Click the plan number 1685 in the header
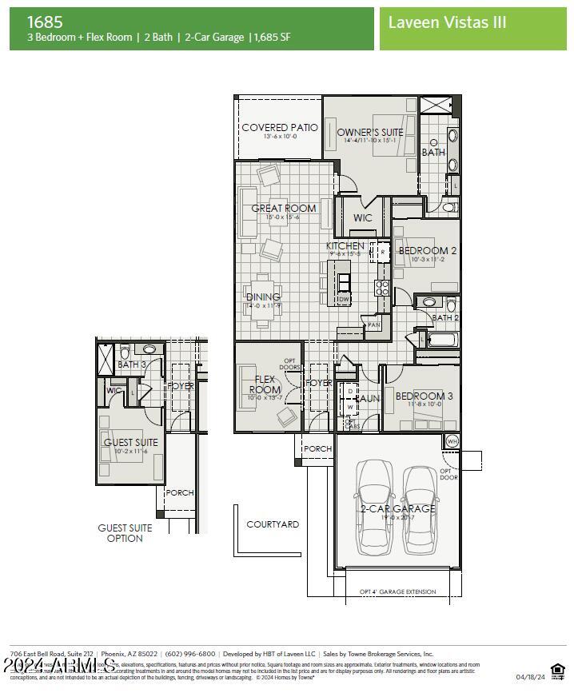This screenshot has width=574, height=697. [45, 22]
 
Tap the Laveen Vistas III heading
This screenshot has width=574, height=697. [447, 22]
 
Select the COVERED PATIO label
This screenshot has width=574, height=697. [279, 128]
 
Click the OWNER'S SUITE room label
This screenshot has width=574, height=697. [369, 132]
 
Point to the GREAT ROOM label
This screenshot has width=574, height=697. [284, 209]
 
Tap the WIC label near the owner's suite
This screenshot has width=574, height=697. [363, 217]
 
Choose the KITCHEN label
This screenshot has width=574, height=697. [345, 246]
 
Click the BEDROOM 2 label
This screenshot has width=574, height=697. [428, 250]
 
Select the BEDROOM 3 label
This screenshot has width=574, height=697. [424, 396]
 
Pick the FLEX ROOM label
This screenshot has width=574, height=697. [265, 384]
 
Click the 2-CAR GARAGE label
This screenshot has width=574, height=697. [398, 508]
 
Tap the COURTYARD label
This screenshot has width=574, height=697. [273, 524]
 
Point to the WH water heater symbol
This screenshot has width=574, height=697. [452, 441]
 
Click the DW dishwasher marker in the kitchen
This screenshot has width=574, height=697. [344, 300]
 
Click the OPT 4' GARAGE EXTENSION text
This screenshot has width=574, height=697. [398, 591]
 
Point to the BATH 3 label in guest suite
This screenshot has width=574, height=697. [132, 364]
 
